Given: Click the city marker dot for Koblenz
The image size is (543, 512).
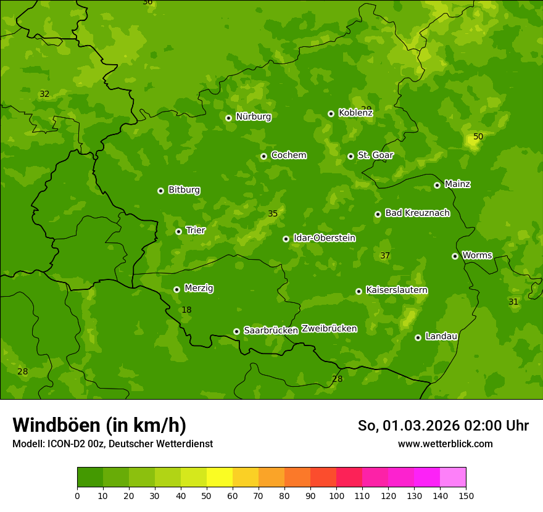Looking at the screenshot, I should pos(331,114).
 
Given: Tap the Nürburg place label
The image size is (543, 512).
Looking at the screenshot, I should pos(253,117).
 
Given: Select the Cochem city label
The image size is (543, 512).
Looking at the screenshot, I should pos(288,155).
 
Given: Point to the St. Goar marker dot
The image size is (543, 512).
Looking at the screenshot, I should pos(350,156).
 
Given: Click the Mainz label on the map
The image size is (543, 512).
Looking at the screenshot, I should pos(457,184).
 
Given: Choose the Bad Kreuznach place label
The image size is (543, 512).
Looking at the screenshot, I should pos(417,213).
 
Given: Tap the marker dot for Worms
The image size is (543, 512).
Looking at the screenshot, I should pos(455,256).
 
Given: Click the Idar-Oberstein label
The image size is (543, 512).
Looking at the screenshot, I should pos(324,237).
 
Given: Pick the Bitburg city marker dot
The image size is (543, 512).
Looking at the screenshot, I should pos(160,191).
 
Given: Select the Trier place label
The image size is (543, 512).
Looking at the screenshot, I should pos(196,230).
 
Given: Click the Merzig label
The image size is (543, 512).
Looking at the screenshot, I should pos(199,288).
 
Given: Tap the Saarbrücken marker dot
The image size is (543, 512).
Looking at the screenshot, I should pos(236,331).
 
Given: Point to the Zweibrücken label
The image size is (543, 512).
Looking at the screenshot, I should pos(329,328).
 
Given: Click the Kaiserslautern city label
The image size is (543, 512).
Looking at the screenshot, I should pos(397,290).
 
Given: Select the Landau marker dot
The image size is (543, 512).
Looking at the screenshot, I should pos(418,337).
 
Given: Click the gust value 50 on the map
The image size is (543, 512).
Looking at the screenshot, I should pos(478,136).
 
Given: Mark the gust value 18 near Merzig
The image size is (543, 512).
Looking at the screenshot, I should pos(186,310).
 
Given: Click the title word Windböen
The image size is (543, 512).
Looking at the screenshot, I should pos(56,425).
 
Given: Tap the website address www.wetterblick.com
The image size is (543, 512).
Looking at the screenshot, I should pos(445,444).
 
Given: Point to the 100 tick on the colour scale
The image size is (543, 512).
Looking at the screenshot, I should pos(336,495).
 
